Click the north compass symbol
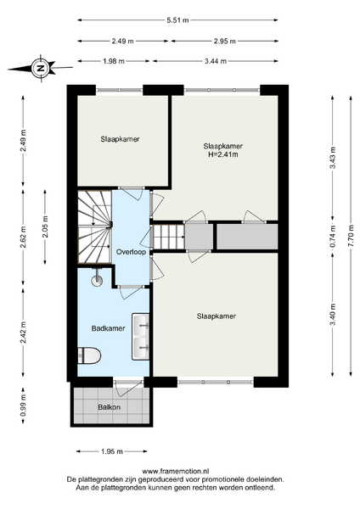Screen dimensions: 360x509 (41, 68)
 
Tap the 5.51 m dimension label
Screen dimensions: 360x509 (177, 20)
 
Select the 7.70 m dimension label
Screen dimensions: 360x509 (351, 236)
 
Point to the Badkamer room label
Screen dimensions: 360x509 (108, 328)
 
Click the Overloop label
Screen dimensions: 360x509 (131, 252)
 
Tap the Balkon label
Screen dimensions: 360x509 (110, 407)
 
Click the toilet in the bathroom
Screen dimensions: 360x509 (89, 355)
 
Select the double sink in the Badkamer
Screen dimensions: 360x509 (140, 336)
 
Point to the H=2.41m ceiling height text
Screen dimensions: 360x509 (223, 154)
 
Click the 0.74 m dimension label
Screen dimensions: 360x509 (332, 237)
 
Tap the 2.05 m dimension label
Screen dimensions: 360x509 (45, 227)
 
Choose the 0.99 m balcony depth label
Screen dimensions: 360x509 (23, 406)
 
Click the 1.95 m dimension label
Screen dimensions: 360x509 (112, 451)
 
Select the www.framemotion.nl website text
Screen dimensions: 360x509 (176, 472)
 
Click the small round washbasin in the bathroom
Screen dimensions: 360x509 (97, 280)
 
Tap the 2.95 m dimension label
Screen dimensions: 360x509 (224, 42)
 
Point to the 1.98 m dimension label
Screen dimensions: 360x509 (114, 61)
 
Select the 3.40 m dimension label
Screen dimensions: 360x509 (332, 314)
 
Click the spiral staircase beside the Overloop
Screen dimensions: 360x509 (94, 227)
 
